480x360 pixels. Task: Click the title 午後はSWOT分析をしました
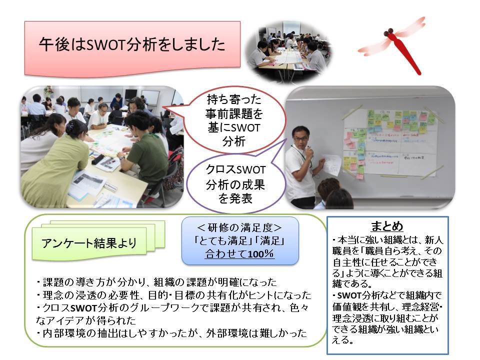coord(132,45)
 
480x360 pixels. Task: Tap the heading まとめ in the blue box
coord(387,226)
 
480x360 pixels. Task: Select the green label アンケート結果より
coord(89,243)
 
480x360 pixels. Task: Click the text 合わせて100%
coord(239,254)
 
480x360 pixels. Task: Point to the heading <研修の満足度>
coord(239,227)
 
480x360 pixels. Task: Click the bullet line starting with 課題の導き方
coord(156,281)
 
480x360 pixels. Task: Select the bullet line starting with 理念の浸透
coord(173,295)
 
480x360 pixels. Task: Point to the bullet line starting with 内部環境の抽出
coord(171,333)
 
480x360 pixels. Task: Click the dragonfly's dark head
coord(389,32)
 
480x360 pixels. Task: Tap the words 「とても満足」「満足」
coord(239,240)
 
